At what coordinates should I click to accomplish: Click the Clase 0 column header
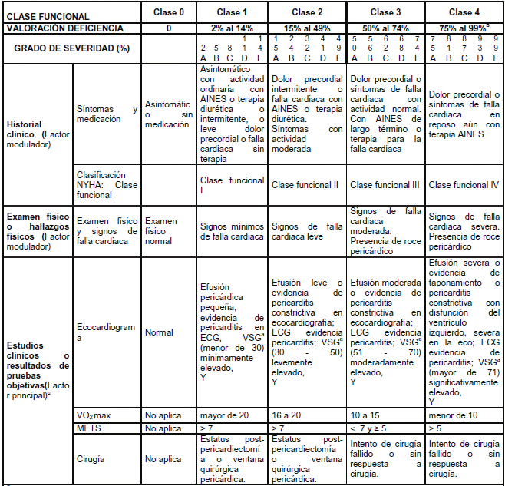pyautogui.click(x=168, y=12)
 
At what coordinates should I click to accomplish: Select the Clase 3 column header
pyautogui.click(x=382, y=12)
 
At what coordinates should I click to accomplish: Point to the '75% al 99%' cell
pyautogui.click(x=461, y=28)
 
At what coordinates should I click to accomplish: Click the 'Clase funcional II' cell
pyautogui.click(x=305, y=185)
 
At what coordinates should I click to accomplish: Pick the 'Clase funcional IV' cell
pyautogui.click(x=464, y=185)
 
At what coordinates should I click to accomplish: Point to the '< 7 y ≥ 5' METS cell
pyautogui.click(x=374, y=427)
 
